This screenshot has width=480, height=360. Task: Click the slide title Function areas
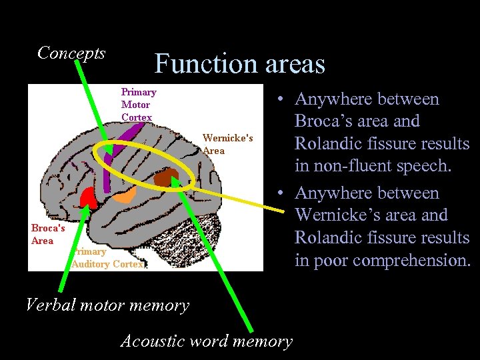click(x=239, y=64)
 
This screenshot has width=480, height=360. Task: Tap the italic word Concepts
click(x=71, y=53)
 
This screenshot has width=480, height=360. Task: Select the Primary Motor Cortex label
click(x=138, y=105)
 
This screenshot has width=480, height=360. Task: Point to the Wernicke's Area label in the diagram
click(x=227, y=144)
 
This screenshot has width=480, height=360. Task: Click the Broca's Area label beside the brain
click(x=48, y=233)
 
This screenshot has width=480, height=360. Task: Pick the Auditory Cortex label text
click(x=108, y=258)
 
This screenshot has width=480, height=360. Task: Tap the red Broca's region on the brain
click(x=87, y=197)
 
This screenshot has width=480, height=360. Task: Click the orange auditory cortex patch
click(x=124, y=194)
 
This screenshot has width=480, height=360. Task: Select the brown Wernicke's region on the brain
click(x=166, y=178)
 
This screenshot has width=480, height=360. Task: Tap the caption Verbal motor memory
click(x=107, y=305)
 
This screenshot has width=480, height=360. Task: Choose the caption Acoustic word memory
click(x=206, y=341)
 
